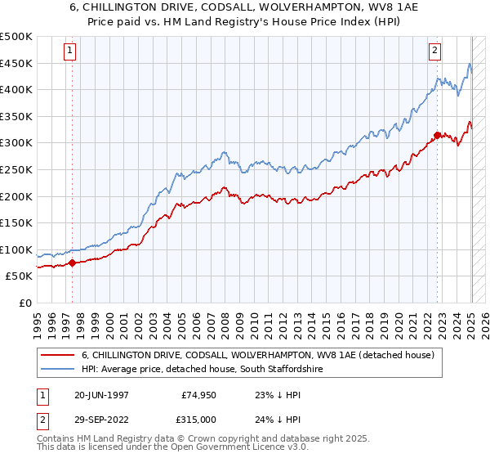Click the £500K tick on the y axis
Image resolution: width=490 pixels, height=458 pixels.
pos(16,37)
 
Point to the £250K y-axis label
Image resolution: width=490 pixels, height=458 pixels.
pos(16,169)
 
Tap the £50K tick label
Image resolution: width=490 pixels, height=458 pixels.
pos(20,276)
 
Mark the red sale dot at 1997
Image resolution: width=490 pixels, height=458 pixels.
pos(72,263)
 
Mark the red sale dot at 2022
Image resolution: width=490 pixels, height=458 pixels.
pos(438,135)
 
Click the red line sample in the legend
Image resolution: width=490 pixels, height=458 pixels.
pos(58,356)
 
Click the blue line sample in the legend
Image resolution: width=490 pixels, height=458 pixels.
pos(58,370)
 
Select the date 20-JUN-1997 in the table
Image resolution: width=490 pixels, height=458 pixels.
pos(101,394)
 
